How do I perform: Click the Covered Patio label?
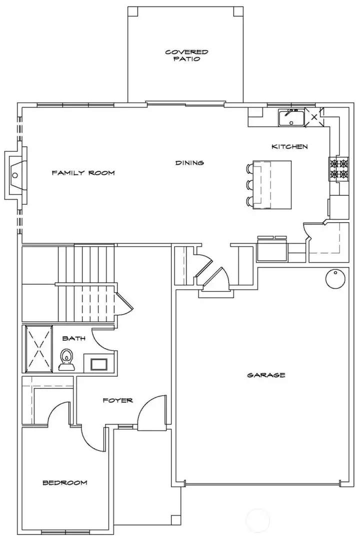tap(186, 55)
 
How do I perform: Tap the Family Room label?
tap(83, 173)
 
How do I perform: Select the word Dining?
tap(189, 163)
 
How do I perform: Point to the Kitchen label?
tap(289, 147)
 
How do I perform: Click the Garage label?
tap(266, 375)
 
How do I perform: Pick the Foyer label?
tap(117, 401)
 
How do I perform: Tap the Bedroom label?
tap(64, 483)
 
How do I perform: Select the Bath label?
tap(73, 338)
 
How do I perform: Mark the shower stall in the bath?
tap(38, 348)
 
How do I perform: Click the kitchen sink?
tap(290, 118)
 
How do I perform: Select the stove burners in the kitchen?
tap(338, 168)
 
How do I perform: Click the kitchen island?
tap(272, 184)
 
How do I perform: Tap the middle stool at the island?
tap(249, 185)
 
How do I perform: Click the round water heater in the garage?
tap(334, 279)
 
